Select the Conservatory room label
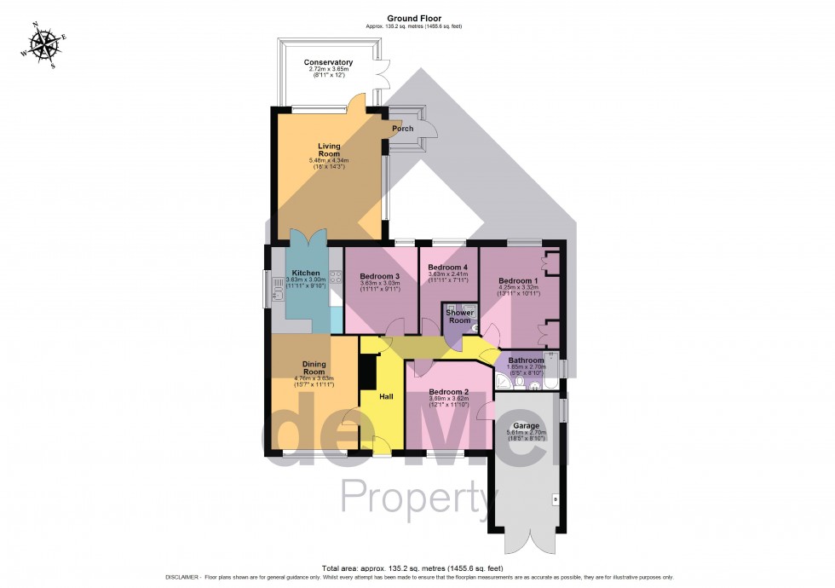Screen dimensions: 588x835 [328, 62]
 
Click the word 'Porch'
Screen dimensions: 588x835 [402, 129]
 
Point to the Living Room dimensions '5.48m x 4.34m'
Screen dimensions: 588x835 [329, 160]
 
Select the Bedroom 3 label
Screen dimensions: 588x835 [379, 277]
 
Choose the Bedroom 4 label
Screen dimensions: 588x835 [448, 268]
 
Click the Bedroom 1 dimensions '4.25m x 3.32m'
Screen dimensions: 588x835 [518, 288]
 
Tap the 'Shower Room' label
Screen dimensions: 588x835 [459, 316]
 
